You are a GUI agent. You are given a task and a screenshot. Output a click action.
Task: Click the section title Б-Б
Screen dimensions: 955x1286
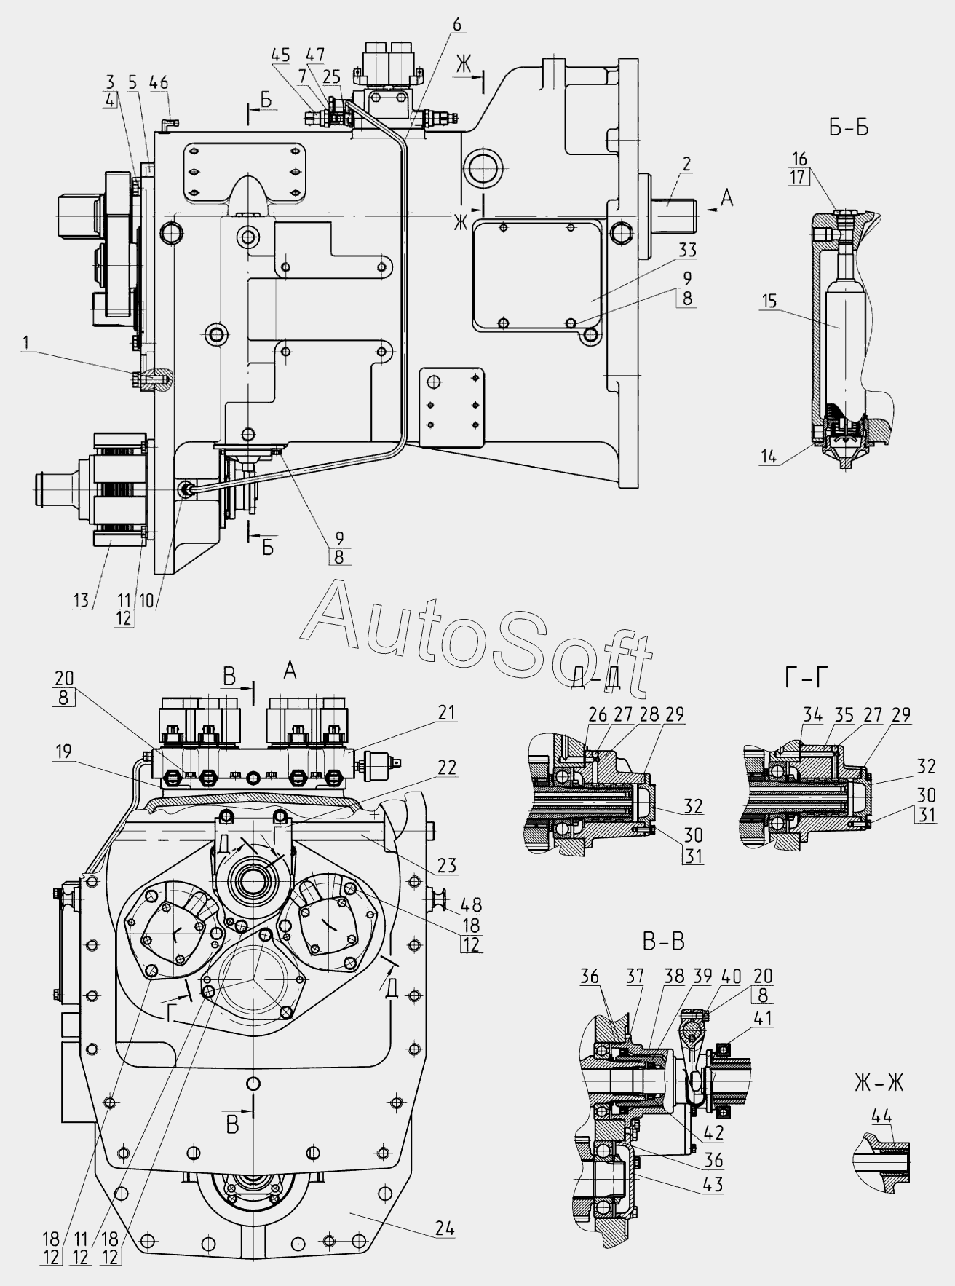pos(849,128)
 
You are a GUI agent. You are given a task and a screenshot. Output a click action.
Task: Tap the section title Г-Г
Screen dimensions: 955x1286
pos(807,678)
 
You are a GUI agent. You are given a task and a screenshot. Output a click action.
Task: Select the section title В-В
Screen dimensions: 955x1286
pos(663,942)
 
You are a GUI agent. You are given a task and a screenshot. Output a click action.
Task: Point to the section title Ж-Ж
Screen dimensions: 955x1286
pos(879,1083)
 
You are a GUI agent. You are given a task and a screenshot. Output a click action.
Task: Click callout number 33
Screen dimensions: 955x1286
pos(687,251)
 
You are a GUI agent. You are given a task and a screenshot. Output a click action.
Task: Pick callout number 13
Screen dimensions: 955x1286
pos(82,600)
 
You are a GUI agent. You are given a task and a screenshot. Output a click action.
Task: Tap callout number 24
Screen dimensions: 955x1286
pos(445,1228)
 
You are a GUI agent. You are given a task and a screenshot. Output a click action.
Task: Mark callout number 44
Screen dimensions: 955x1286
pos(881,1116)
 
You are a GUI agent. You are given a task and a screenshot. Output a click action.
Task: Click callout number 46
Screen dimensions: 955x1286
pos(159,82)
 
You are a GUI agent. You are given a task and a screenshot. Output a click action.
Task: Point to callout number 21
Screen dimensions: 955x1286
pos(446,711)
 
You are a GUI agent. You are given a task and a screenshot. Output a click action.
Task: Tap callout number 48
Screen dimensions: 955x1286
pos(471,905)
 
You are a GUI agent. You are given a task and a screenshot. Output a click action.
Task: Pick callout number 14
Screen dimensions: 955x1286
pos(769,457)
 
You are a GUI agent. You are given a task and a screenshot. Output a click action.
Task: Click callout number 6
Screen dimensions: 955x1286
pos(456,24)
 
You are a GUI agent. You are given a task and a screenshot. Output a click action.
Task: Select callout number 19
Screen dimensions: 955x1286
pos(63,752)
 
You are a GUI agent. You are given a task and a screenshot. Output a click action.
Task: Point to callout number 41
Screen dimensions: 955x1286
pos(763,1017)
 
